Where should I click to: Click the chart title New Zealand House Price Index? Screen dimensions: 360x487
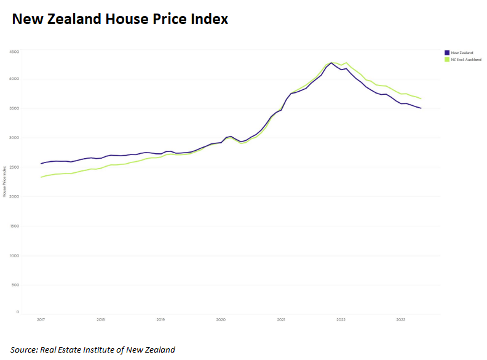coord(121,19)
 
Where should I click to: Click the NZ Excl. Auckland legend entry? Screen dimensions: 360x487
coord(465,60)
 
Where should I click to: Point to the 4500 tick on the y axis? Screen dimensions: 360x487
coord(14,52)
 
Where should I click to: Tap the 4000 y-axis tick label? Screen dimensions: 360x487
coord(14,79)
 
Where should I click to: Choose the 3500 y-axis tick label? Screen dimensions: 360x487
coord(14,109)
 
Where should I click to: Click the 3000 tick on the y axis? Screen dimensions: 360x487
coord(14,138)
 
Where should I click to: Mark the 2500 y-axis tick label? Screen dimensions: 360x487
coord(14,167)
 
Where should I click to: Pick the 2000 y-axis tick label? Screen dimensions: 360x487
coord(14,197)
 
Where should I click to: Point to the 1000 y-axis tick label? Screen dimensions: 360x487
coord(14,255)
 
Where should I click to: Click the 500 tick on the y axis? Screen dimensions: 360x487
coord(15,285)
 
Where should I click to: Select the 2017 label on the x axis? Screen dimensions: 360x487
coord(41,320)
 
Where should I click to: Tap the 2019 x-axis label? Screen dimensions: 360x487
coord(160,320)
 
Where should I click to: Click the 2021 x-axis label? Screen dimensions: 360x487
coord(281,320)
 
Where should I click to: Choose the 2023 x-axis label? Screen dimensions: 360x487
coord(400,320)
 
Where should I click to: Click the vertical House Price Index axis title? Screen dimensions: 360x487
coord(5,181)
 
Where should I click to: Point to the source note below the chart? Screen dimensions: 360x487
coord(92,350)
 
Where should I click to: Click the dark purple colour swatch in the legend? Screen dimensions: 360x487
coord(446,53)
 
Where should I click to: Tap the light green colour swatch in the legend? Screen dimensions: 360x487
coord(446,60)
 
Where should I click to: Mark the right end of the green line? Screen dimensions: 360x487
coord(421,98)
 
